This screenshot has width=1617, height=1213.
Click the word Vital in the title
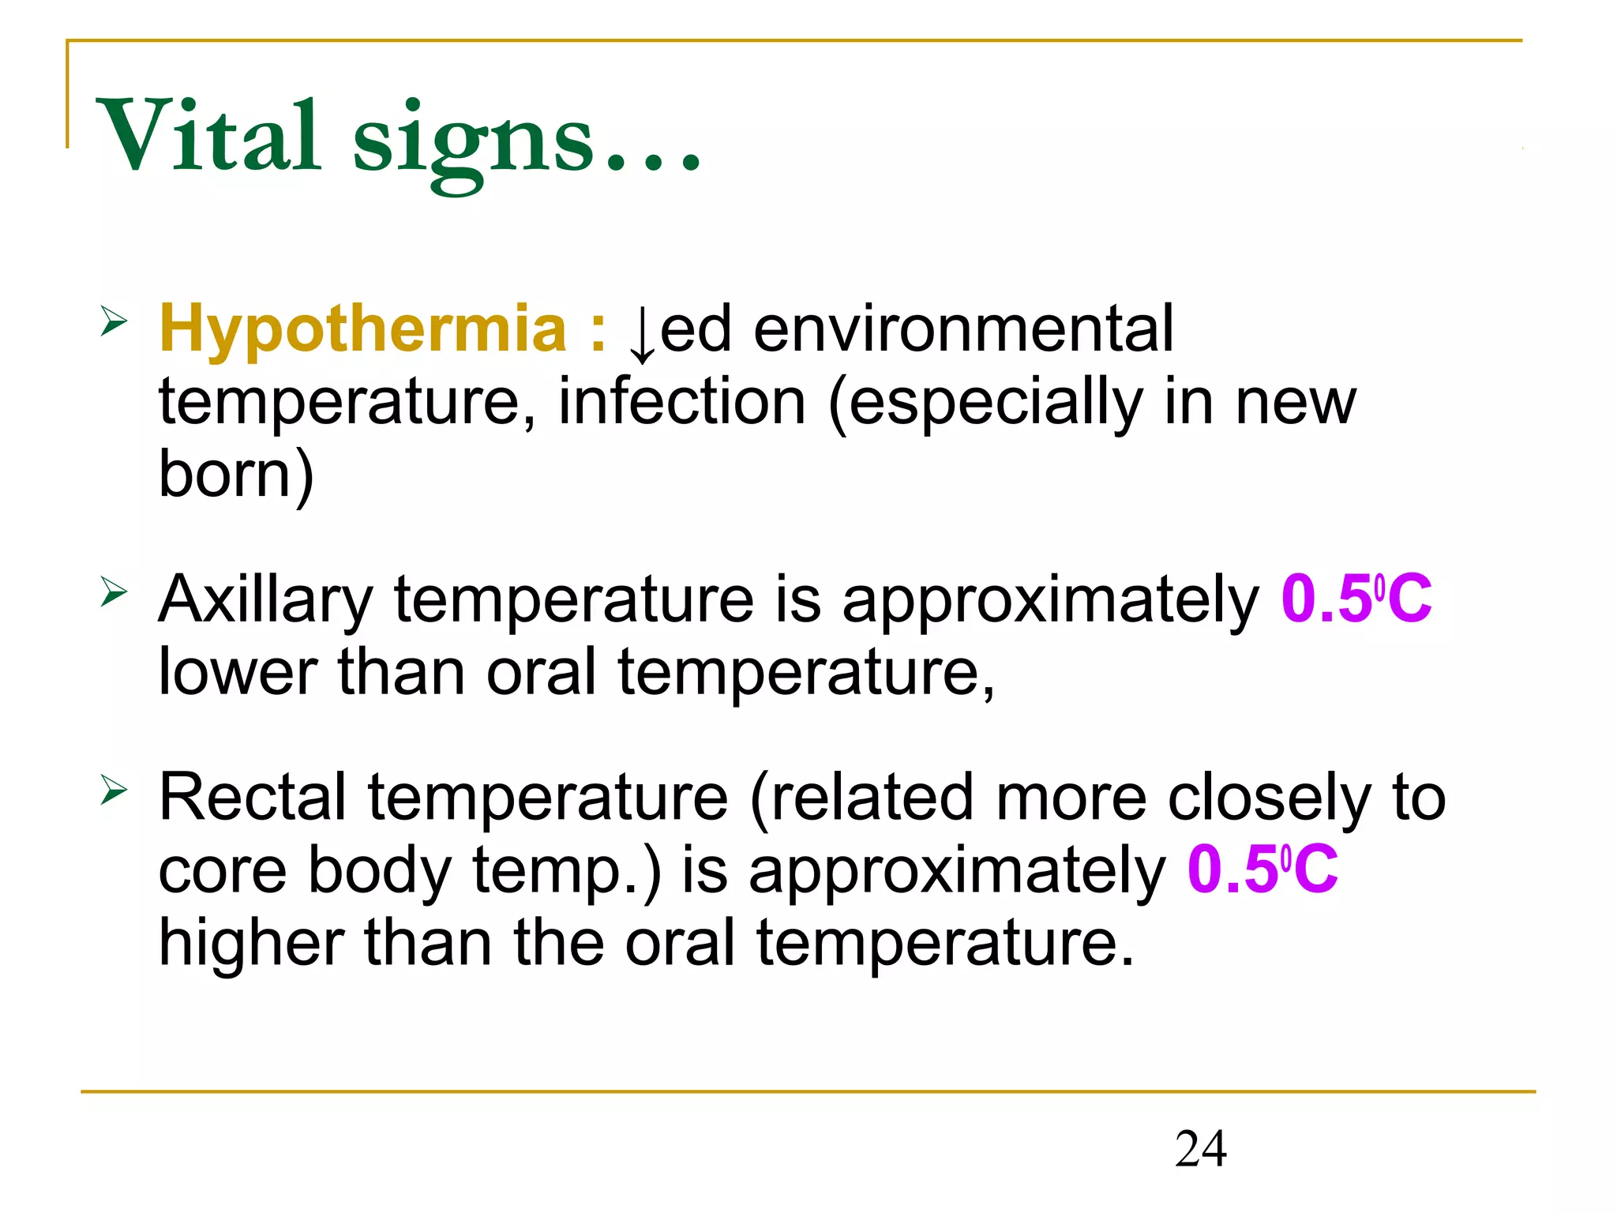point(208,136)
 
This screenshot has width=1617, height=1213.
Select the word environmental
point(963,329)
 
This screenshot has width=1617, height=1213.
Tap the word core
point(223,870)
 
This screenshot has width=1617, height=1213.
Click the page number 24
point(1200,1149)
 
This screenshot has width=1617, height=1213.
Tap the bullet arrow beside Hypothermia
point(114,322)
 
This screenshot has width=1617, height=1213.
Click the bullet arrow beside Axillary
point(114,591)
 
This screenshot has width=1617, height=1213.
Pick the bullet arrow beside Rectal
point(114,789)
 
